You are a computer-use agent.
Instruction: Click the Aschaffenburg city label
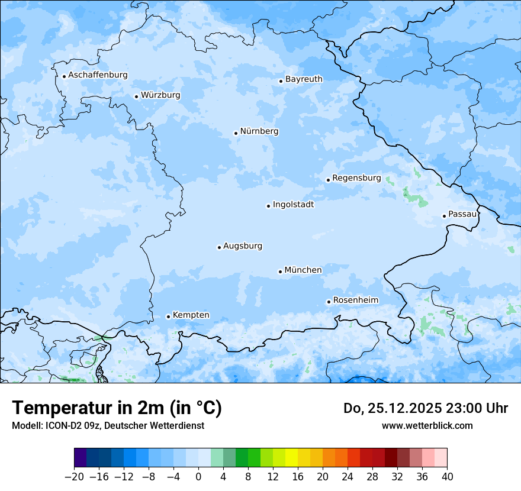(x=98, y=75)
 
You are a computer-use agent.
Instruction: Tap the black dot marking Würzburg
(x=136, y=96)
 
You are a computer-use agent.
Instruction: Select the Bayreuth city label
(x=304, y=79)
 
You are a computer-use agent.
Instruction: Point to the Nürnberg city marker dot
(x=236, y=133)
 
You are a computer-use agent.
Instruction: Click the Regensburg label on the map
(x=356, y=177)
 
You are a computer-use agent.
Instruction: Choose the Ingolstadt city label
(x=293, y=205)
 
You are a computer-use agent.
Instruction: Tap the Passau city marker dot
(x=444, y=216)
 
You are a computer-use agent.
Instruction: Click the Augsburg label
(x=243, y=246)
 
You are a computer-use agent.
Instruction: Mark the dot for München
(x=280, y=272)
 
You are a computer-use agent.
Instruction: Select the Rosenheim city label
(x=355, y=300)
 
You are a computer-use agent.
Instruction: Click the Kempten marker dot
(x=168, y=316)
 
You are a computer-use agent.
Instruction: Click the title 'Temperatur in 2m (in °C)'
(x=117, y=408)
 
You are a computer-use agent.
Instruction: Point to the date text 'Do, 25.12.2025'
(x=391, y=408)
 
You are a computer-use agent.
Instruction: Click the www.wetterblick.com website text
(x=427, y=425)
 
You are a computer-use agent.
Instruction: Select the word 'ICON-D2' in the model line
(x=56, y=425)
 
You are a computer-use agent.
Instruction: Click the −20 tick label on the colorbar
(x=74, y=477)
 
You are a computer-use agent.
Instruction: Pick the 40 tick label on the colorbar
(x=447, y=477)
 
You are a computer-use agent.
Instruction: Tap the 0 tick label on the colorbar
(x=198, y=477)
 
